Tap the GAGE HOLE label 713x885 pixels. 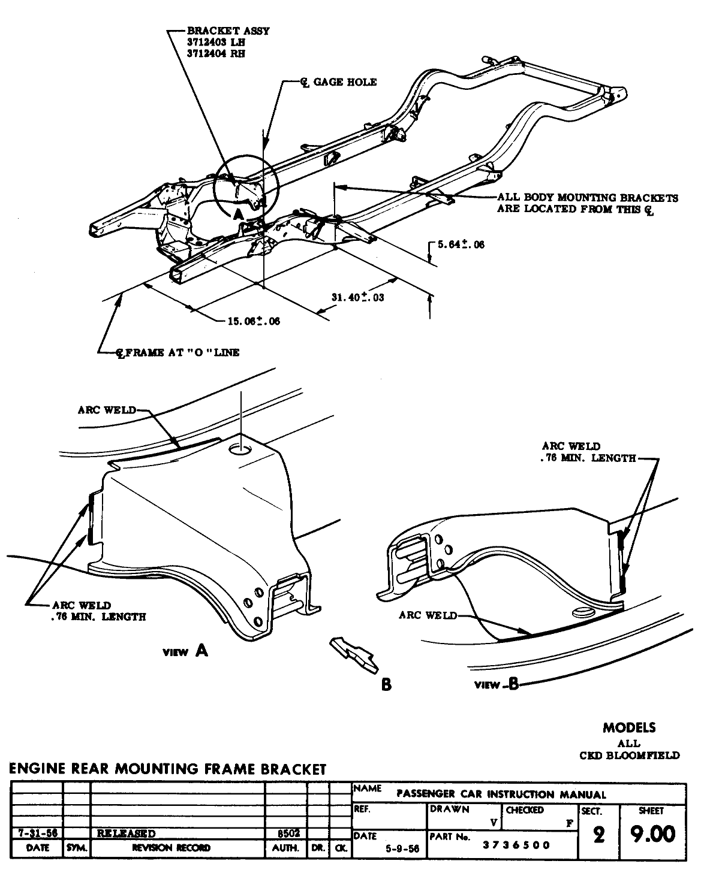pyautogui.click(x=344, y=82)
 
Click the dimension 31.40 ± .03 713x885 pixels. pyautogui.click(x=358, y=297)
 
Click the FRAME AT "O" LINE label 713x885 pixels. pyautogui.click(x=178, y=352)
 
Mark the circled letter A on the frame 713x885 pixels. pyautogui.click(x=238, y=213)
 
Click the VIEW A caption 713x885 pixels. pyautogui.click(x=186, y=651)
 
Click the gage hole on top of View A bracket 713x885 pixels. pyautogui.click(x=241, y=449)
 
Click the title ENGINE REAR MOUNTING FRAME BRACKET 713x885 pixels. pyautogui.click(x=167, y=769)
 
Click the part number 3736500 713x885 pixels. pyautogui.click(x=516, y=845)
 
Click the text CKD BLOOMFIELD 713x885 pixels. pyautogui.click(x=629, y=755)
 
